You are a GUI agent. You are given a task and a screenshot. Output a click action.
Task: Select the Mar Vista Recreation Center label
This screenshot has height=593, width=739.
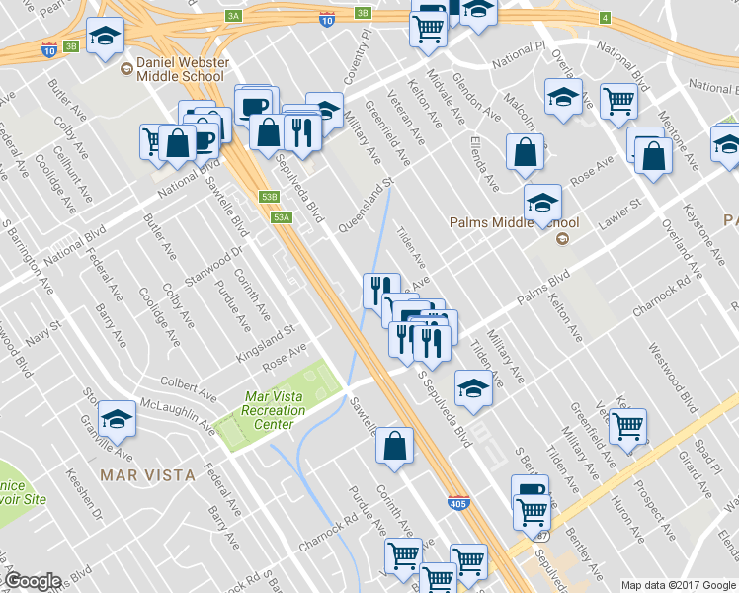(269, 410)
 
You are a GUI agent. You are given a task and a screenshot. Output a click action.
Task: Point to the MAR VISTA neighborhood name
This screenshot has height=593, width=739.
(147, 475)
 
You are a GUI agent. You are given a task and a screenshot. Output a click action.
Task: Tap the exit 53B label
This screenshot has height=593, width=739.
(270, 197)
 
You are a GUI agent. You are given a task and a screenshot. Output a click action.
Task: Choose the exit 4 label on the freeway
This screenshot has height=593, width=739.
(604, 17)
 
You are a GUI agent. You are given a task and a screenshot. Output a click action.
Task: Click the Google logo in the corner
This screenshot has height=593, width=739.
(33, 581)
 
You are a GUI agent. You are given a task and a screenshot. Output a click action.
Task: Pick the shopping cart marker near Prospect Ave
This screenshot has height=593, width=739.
(627, 427)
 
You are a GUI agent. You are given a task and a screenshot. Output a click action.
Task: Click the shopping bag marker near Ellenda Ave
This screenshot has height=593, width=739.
(525, 152)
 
